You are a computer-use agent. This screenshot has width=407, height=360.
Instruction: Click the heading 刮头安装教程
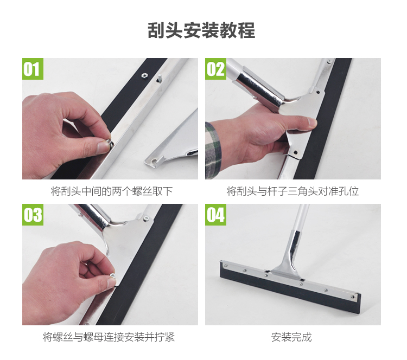coord(201,31)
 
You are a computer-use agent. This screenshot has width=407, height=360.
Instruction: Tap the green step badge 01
coord(33,69)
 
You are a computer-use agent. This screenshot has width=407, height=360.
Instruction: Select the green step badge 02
coord(215,69)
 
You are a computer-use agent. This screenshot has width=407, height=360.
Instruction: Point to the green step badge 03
coord(33,215)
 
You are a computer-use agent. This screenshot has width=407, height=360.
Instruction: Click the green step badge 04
coord(215,215)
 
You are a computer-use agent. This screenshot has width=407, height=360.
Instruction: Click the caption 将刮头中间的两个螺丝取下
coord(112,191)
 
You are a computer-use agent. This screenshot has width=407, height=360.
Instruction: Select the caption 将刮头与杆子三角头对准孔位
coord(292,191)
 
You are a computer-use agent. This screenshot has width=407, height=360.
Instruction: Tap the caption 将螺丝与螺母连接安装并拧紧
coord(109,337)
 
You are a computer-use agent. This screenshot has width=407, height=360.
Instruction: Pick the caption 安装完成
coord(291,337)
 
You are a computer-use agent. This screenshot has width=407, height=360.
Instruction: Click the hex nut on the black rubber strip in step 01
coord(144,75)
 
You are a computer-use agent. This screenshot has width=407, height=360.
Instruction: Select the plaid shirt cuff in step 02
coord(213,148)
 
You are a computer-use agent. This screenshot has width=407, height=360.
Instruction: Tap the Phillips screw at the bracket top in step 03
coord(145,219)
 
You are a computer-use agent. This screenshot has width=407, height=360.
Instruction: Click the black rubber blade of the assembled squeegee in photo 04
coord(289,285)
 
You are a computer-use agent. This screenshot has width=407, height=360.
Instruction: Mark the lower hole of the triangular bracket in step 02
coord(295,152)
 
